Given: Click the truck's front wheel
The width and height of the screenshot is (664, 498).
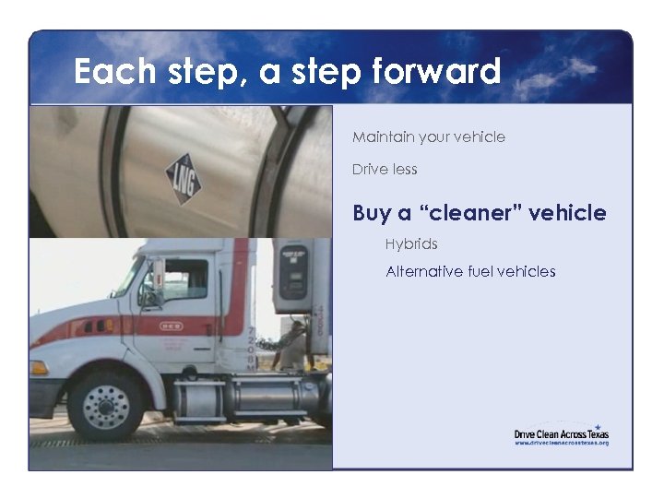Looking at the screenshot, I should click(106, 402).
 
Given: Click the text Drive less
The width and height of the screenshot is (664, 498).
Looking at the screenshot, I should click(385, 170).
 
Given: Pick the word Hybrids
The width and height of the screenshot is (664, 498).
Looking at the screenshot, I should click(411, 244).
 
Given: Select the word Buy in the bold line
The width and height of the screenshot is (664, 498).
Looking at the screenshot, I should click(371, 214).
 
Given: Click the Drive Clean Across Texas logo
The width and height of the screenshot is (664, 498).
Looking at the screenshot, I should click(561, 433).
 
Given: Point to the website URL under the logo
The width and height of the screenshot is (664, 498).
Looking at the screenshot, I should click(561, 444).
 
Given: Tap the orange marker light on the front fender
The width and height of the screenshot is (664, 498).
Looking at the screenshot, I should click(40, 367).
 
